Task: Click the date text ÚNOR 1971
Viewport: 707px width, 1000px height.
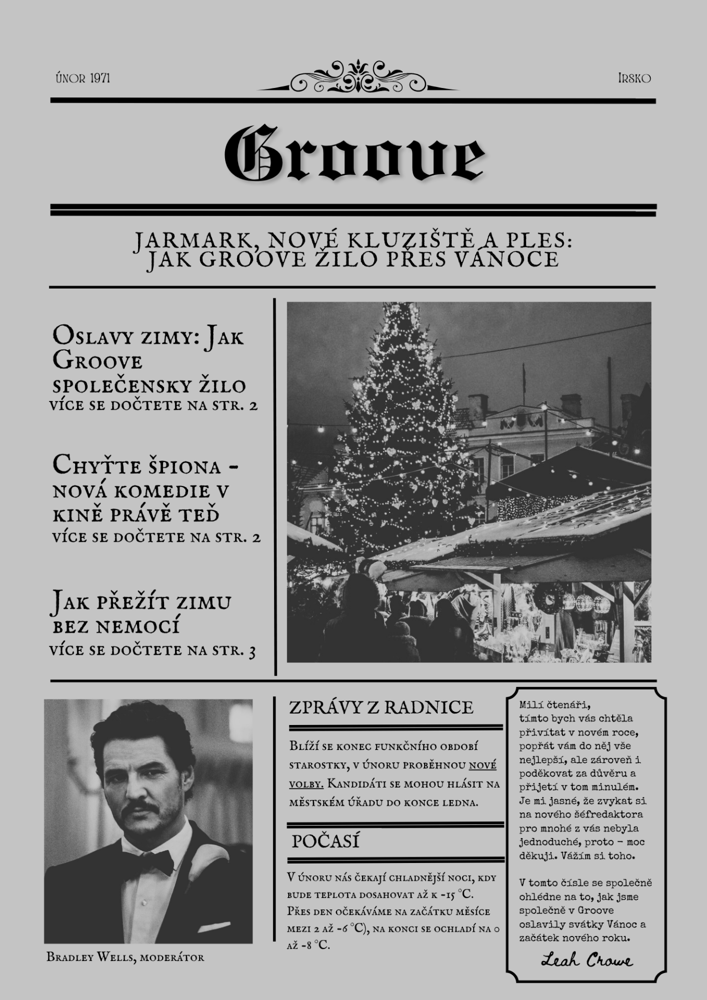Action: (x=83, y=79)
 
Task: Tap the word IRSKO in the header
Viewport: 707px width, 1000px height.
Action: (x=634, y=79)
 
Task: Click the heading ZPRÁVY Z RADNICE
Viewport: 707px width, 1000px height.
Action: (x=381, y=707)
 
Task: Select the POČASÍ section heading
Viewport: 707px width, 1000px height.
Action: (x=325, y=841)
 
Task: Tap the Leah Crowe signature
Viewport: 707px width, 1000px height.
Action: (x=587, y=960)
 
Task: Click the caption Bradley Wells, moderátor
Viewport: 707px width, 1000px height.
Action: (x=125, y=957)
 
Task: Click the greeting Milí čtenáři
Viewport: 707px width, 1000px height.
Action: (x=554, y=705)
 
